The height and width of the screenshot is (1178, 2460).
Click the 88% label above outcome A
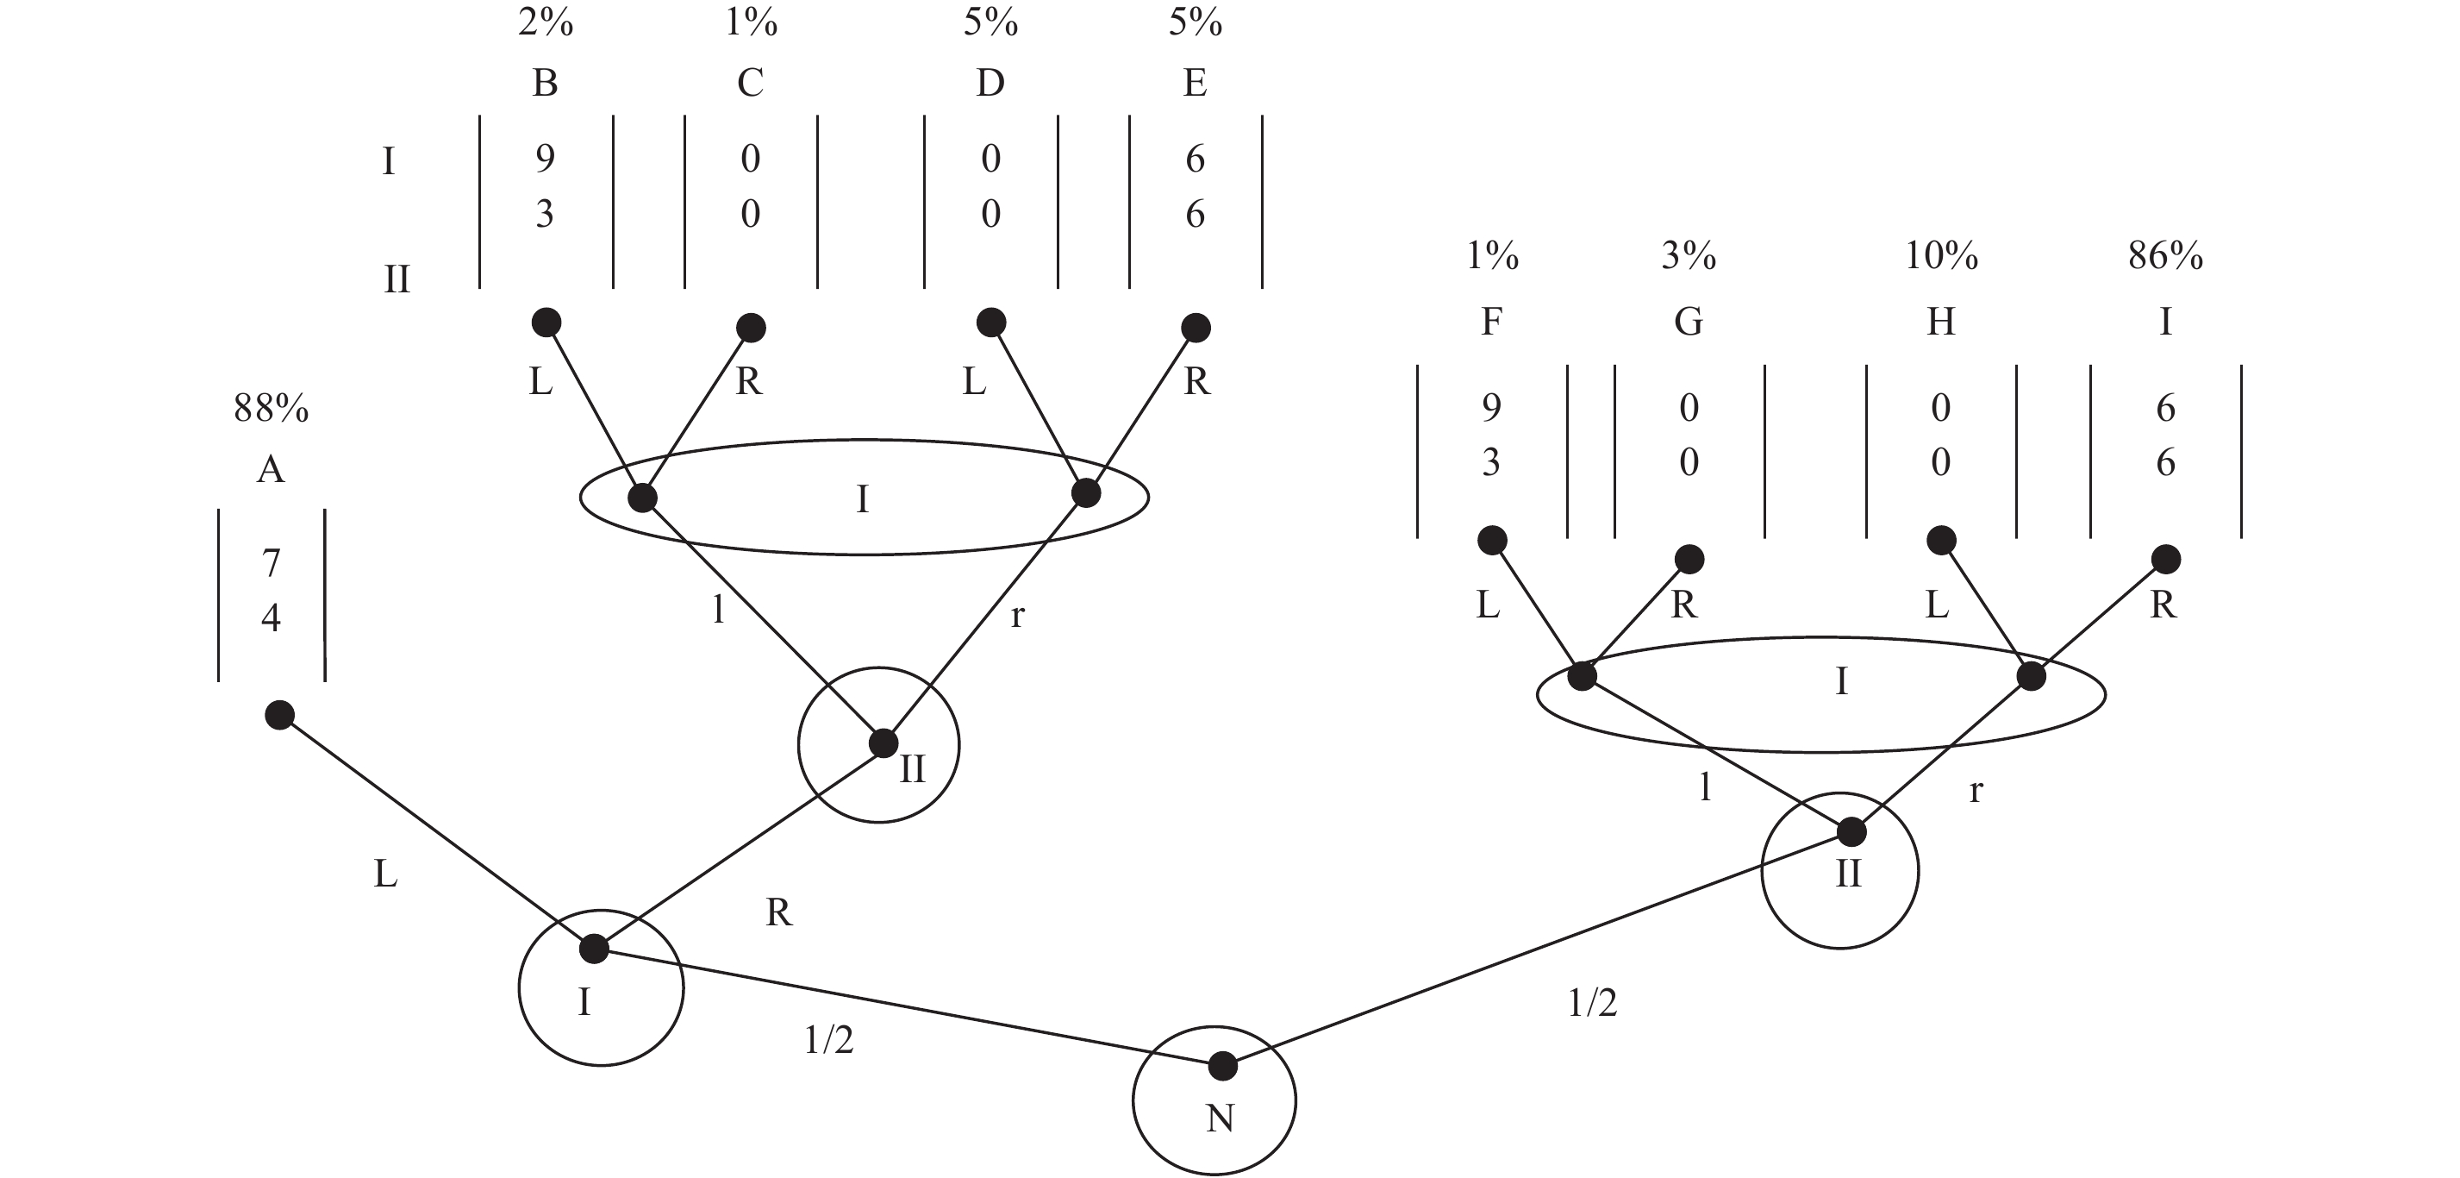[272, 409]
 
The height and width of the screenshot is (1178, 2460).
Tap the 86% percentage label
[2165, 256]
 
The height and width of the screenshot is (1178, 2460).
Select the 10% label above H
[1940, 256]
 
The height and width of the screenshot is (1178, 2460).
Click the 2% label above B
[546, 22]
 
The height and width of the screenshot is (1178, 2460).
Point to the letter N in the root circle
[1220, 1118]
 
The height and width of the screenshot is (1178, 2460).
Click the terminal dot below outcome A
[279, 715]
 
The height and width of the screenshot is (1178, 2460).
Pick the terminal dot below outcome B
[546, 322]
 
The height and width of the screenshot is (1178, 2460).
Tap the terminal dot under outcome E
[1196, 328]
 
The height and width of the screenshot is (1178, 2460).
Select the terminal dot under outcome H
[1940, 541]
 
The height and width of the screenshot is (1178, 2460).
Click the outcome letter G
[1689, 322]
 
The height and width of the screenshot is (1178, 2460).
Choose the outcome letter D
[990, 83]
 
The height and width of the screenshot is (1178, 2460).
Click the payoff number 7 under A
[272, 563]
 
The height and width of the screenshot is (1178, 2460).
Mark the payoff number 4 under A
[272, 618]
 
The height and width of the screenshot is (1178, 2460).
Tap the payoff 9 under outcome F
[1490, 408]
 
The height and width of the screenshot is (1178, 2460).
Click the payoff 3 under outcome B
[545, 213]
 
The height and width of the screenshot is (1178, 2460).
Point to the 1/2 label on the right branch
[1592, 1003]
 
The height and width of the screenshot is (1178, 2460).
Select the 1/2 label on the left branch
[828, 1040]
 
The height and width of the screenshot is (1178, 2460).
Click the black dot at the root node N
[1222, 1065]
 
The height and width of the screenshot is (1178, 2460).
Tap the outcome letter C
[751, 83]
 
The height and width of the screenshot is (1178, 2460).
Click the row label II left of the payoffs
[396, 279]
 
